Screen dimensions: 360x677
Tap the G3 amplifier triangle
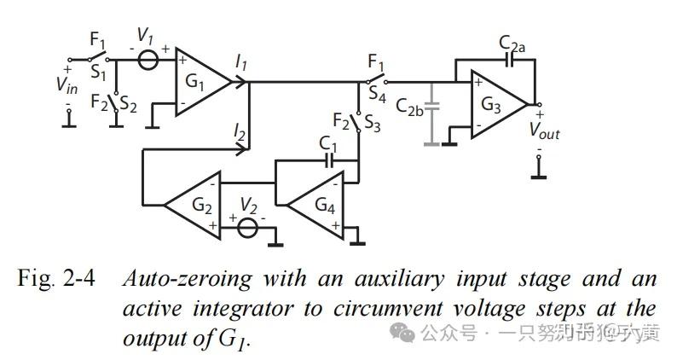pyautogui.click(x=494, y=106)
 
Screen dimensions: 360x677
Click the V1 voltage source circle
pyautogui.click(x=148, y=61)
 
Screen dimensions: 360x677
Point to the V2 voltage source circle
pyautogui.click(x=247, y=228)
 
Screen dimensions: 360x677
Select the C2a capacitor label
pyautogui.click(x=511, y=42)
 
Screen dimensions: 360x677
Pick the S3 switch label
pyautogui.click(x=373, y=120)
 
